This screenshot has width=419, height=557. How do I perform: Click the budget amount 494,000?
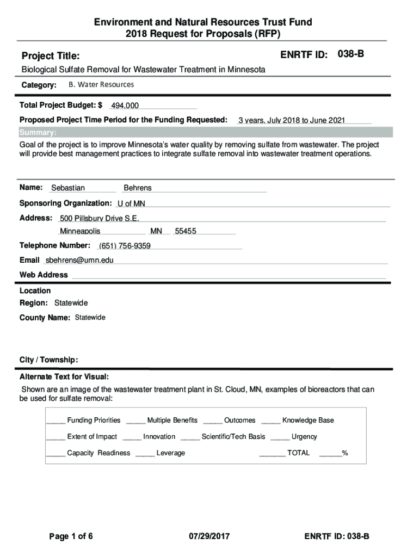(125, 106)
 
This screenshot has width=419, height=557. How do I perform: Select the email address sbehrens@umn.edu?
(79, 260)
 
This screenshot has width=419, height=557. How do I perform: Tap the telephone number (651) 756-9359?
(125, 246)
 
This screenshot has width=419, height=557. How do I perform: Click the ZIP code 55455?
(186, 231)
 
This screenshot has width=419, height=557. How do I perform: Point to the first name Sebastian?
(68, 188)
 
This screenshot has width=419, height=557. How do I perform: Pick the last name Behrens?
(138, 188)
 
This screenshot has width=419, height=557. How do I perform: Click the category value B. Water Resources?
(101, 85)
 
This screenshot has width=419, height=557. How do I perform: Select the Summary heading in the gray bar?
(38, 133)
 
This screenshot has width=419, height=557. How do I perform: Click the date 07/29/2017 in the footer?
(209, 537)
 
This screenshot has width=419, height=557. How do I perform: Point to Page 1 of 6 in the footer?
(71, 537)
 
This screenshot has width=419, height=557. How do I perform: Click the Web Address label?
(44, 275)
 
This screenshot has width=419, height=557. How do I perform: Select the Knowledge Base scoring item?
(308, 420)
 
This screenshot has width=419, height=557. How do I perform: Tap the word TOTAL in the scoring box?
(298, 453)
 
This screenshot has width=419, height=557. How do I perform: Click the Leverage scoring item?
(171, 453)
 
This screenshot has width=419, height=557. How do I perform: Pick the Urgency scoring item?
(304, 436)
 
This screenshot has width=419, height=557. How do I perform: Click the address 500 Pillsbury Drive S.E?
(99, 219)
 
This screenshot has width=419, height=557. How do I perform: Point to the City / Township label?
(49, 360)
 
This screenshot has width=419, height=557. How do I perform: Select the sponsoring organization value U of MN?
(131, 203)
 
